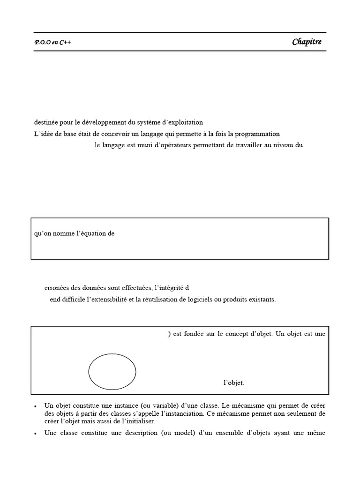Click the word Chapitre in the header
pyautogui.click(x=307, y=42)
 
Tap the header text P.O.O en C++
pyautogui.click(x=53, y=43)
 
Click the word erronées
pyautogui.click(x=56, y=288)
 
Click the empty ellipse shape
pyautogui.click(x=112, y=372)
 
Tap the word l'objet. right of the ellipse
pyautogui.click(x=233, y=383)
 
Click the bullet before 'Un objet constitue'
pyautogui.click(x=36, y=405)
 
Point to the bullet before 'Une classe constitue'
pyautogui.click(x=36, y=433)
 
